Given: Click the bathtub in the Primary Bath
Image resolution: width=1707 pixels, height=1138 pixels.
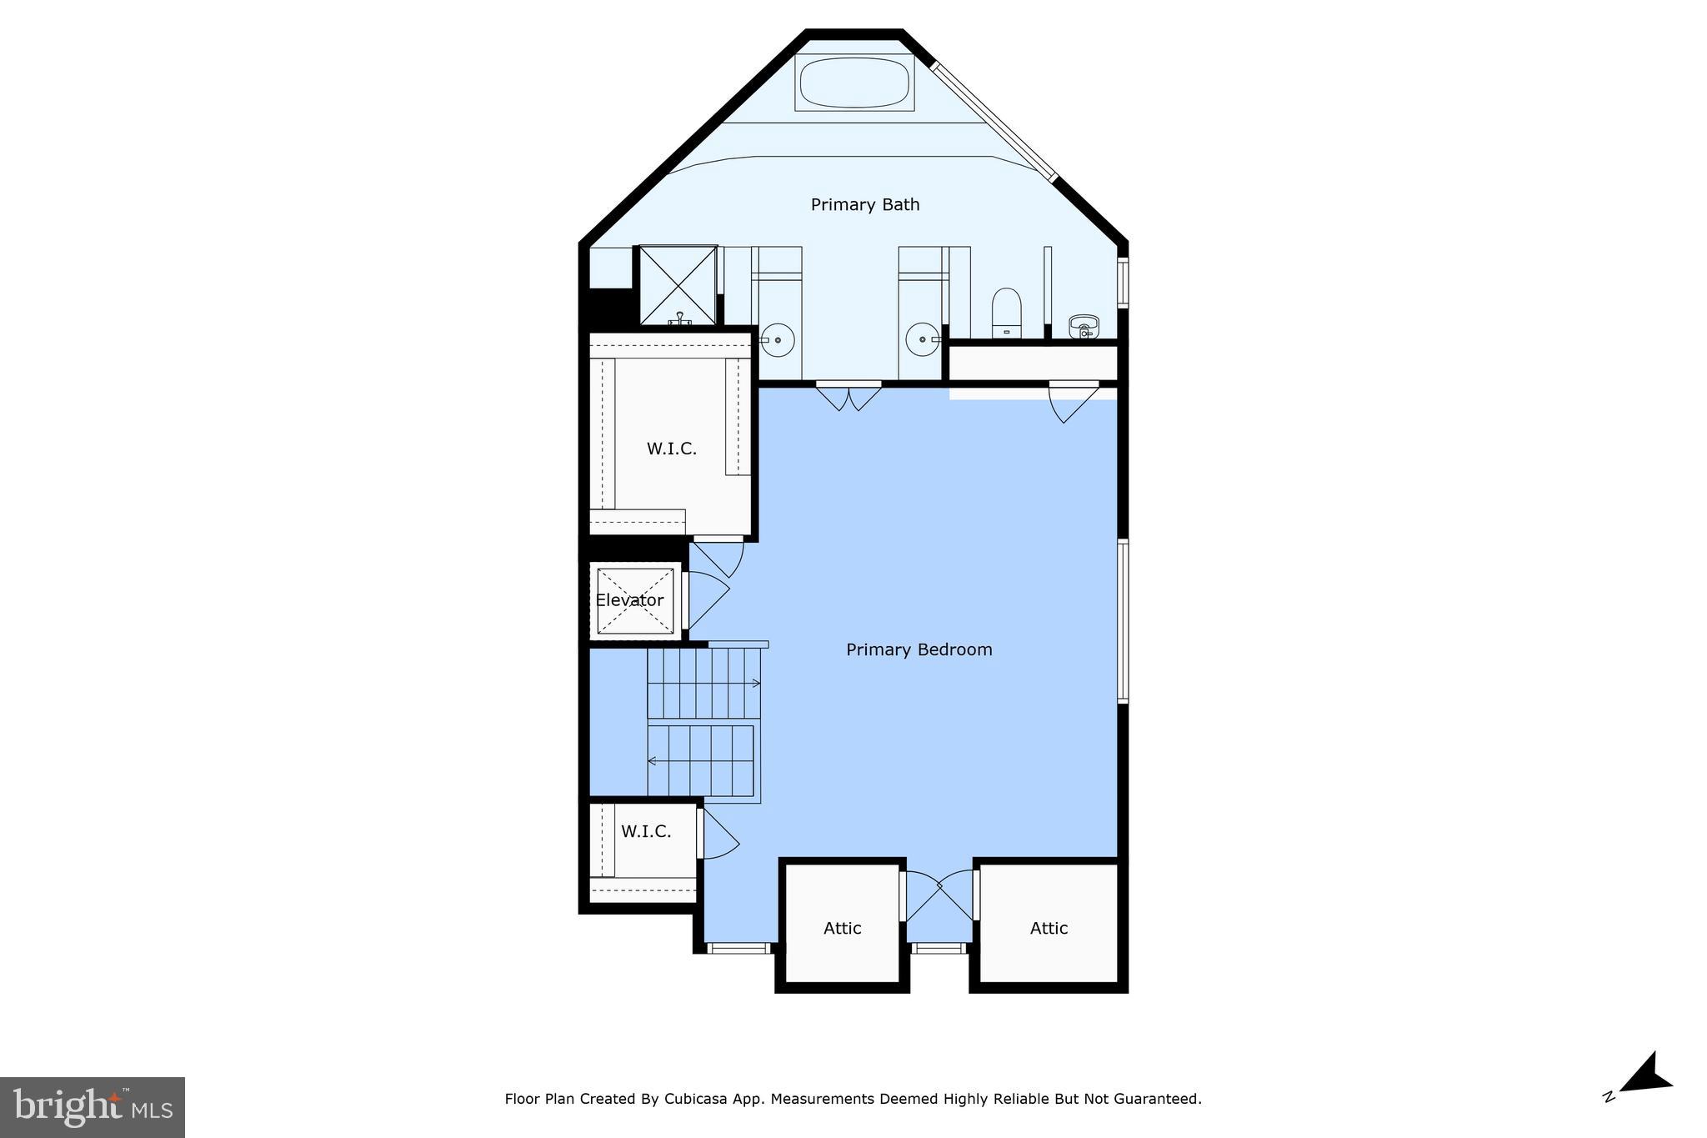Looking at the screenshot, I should coord(854,83).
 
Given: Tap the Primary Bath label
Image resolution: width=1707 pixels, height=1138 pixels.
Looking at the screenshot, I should coord(864,204).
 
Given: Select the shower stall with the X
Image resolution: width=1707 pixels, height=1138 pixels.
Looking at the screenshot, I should coord(678,285).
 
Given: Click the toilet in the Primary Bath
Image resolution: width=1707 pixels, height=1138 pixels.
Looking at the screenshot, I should coord(1007,312).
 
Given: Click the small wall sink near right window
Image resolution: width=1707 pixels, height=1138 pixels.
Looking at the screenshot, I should coord(1084,325).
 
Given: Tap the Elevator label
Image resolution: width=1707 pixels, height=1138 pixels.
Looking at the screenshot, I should coord(629,600).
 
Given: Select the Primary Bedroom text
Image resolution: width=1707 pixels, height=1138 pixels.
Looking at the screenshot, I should coord(919,649).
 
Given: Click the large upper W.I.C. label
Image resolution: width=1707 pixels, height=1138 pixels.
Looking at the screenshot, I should coord(671,449).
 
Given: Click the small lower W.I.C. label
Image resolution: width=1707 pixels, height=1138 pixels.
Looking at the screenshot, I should coord(645,831).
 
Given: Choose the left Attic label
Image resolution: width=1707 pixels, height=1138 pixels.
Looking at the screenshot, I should coord(842,928).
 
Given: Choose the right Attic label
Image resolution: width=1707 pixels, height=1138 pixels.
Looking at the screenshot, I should coord(1048,928).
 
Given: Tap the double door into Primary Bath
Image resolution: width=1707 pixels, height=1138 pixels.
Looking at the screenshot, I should coord(848,396).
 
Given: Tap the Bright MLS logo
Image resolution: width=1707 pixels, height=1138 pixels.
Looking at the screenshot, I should coord(93,1107).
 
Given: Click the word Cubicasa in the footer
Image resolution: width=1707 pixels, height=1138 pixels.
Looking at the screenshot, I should coord(693,1099).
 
